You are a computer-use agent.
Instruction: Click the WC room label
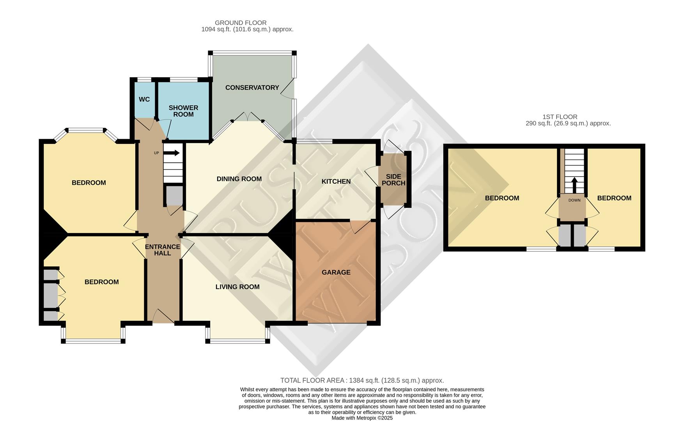pyautogui.click(x=144, y=99)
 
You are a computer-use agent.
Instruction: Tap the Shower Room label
pyautogui.click(x=183, y=111)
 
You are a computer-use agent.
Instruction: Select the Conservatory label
pyautogui.click(x=252, y=88)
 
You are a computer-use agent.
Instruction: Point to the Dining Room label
pyautogui.click(x=239, y=179)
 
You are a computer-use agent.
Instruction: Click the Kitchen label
pyautogui.click(x=336, y=182)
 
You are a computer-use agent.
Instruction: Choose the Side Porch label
pyautogui.click(x=393, y=180)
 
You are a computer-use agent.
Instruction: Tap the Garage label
pyautogui.click(x=336, y=272)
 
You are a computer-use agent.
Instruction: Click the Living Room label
pyautogui.click(x=237, y=287)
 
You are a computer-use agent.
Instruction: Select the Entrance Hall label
pyautogui.click(x=163, y=250)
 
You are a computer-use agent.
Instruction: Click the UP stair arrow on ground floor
pyautogui.click(x=172, y=153)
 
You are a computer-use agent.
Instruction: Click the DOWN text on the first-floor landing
pyautogui.click(x=574, y=200)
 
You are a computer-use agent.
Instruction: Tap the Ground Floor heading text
pyautogui.click(x=241, y=23)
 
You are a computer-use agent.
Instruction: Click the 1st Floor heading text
pyautogui.click(x=560, y=117)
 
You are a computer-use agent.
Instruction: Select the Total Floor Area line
pyautogui.click(x=362, y=380)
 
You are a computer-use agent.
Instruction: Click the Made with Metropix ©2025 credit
pyautogui.click(x=362, y=418)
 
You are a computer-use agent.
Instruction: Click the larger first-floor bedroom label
pyautogui.click(x=502, y=198)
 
